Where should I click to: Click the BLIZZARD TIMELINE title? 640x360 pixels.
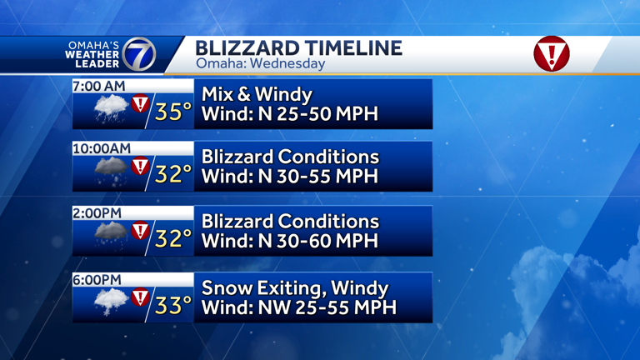tap(298, 47)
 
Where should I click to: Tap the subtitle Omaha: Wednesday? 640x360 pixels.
tap(260, 63)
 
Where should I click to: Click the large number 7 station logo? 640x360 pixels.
tap(138, 55)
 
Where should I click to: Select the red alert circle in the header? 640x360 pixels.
tap(551, 53)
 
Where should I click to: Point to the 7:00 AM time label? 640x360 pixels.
tap(99, 86)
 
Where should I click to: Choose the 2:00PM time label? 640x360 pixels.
tap(97, 213)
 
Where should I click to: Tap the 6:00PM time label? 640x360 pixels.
tap(97, 280)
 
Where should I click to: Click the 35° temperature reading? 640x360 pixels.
tap(173, 112)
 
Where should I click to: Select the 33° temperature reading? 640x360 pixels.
tap(173, 306)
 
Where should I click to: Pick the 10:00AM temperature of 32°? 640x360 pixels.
tap(173, 175)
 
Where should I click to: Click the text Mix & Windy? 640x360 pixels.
tap(257, 95)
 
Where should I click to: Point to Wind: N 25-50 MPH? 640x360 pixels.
tap(289, 113)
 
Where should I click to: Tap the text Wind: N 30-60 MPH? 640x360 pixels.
tap(289, 241)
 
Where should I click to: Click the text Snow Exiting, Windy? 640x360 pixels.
tap(295, 288)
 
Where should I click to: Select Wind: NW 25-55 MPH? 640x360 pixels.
tap(298, 307)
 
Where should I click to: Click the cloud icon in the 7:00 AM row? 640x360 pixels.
tap(111, 109)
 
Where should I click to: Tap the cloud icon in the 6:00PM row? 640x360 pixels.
tap(111, 302)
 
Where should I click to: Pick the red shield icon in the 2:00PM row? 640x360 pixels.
tap(140, 230)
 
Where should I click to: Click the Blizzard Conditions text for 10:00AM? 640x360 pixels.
tap(290, 157)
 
